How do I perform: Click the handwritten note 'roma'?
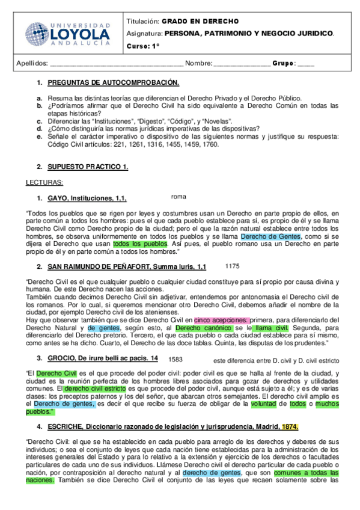click(178, 196)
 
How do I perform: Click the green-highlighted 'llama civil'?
click(271, 328)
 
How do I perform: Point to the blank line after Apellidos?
click(117, 64)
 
